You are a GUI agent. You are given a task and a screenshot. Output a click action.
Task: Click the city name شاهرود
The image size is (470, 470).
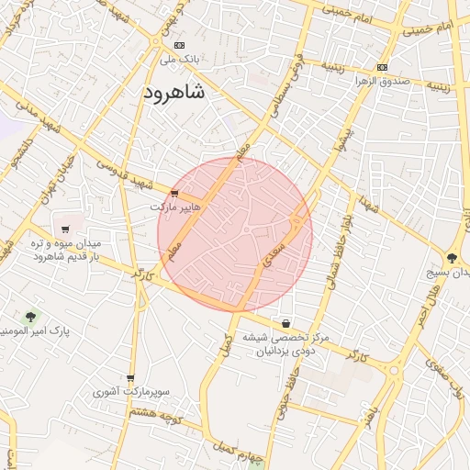[x=174, y=93]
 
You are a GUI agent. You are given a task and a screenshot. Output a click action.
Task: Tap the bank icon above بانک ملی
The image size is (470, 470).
[x=179, y=45]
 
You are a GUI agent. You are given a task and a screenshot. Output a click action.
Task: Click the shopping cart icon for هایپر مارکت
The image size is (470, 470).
[x=174, y=193]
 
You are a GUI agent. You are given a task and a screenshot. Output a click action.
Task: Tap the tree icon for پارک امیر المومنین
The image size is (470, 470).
[x=30, y=317]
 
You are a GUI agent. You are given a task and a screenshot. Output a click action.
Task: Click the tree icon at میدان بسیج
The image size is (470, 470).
[x=453, y=259]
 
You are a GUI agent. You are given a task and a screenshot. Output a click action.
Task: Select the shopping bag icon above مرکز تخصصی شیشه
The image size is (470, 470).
[x=287, y=323]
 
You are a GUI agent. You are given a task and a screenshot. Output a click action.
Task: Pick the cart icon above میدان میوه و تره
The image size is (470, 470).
[x=65, y=229]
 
